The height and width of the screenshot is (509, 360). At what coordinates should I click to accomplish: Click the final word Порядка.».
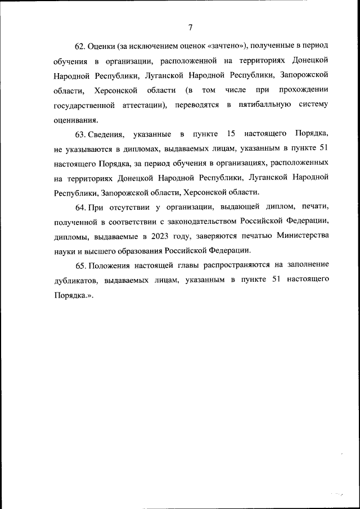coord(73,294)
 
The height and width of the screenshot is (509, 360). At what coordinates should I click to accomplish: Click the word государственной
coord(85,105)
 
